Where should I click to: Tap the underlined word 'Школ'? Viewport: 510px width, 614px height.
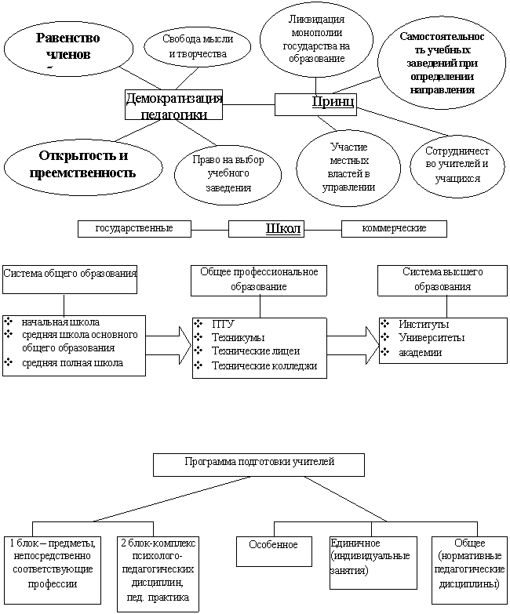[283, 228]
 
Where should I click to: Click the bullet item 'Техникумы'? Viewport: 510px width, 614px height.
[239, 337]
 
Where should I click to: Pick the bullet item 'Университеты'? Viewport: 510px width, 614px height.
[432, 337]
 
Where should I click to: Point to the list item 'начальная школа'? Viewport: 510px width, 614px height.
[60, 322]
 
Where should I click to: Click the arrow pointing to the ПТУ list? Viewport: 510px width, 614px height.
[169, 345]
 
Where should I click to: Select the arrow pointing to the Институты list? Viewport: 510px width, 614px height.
[353, 345]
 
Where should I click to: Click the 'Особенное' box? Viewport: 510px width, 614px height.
[274, 551]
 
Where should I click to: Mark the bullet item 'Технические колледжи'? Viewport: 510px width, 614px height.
[264, 366]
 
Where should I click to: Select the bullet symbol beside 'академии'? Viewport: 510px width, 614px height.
[385, 351]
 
